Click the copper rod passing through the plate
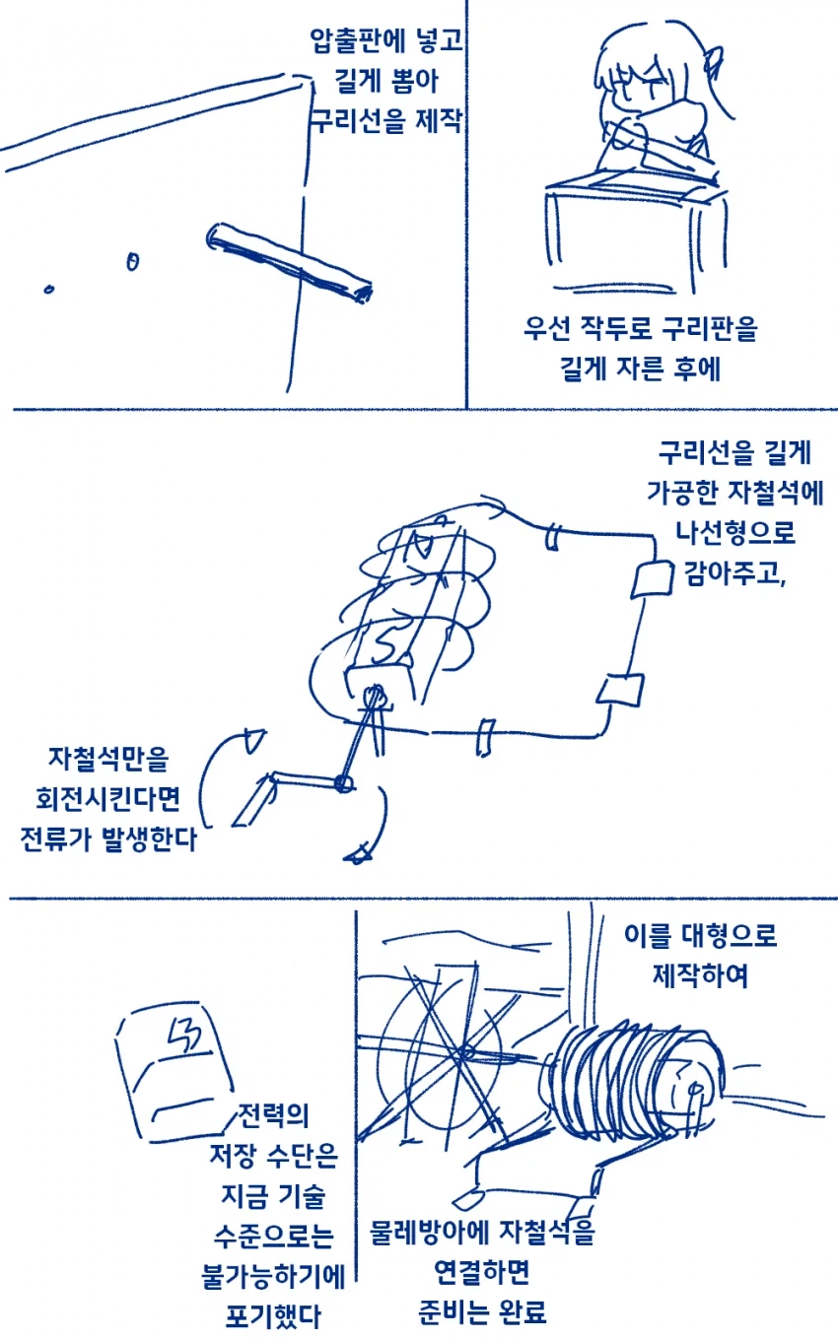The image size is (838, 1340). (x=290, y=261)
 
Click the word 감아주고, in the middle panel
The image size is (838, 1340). (x=735, y=573)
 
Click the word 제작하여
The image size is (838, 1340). (x=700, y=975)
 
